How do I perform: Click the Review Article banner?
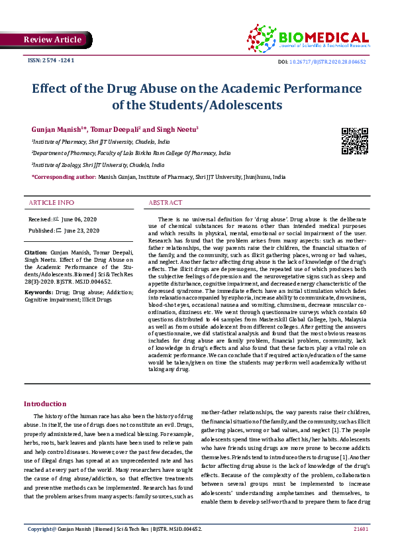52,40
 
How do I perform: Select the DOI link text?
332,62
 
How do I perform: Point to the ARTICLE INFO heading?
51,202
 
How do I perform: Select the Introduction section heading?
45,404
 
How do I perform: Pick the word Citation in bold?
36,252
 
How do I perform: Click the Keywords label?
38,292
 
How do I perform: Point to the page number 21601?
361,529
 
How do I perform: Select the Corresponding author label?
64,178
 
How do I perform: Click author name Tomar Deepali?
113,128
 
